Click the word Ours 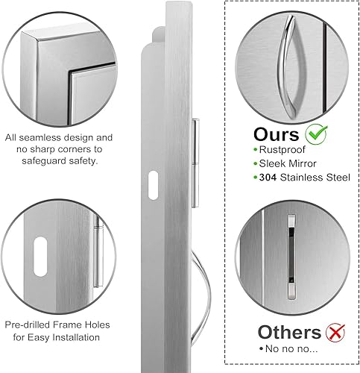click(x=275, y=136)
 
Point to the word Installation click(x=75, y=338)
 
